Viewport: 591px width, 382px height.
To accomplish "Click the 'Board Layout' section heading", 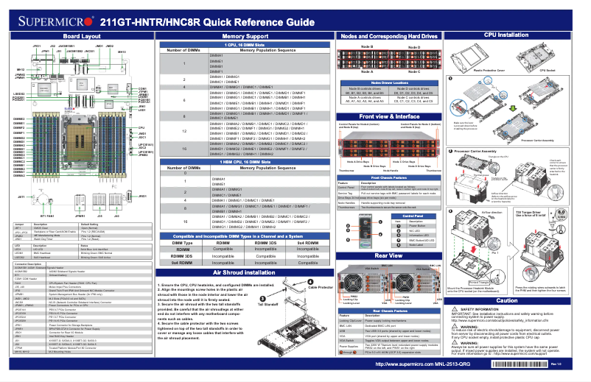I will tap(81, 35).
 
